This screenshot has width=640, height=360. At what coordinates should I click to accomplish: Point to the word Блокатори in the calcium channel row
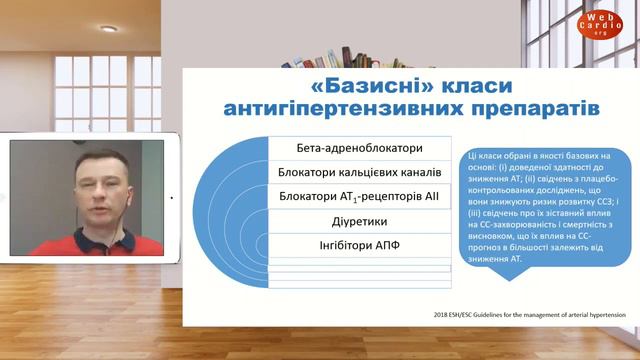311,173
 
